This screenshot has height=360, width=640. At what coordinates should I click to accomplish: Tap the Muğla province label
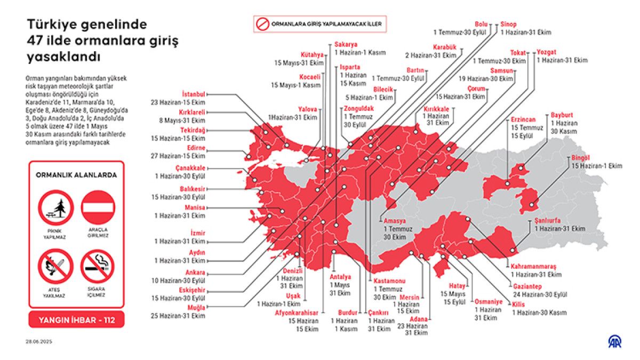[196, 308]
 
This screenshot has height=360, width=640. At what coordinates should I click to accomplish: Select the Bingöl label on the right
[580, 158]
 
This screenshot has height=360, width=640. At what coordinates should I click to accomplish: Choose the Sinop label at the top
[508, 24]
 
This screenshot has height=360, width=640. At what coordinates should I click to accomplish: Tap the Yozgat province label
[546, 52]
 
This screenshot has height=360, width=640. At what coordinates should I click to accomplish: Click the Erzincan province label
[523, 120]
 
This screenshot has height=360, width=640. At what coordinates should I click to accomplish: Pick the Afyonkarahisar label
[297, 313]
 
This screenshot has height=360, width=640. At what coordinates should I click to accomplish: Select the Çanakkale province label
[190, 168]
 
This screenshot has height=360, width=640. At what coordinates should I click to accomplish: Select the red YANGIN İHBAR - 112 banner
[76, 320]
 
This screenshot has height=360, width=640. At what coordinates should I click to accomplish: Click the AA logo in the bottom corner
[615, 342]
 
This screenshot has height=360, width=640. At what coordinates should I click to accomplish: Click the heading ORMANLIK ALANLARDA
[76, 175]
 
